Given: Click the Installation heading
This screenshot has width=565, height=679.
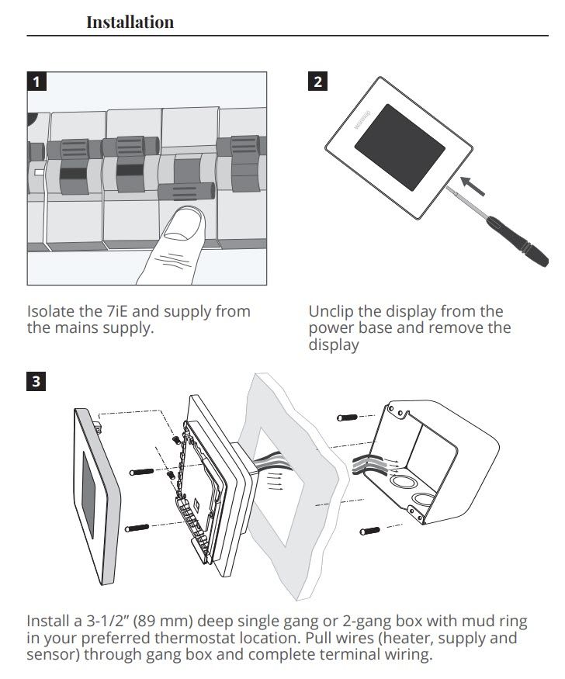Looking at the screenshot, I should [130, 22].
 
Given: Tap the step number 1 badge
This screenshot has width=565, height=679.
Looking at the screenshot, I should [35, 81].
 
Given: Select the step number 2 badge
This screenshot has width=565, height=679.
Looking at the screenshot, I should [317, 81].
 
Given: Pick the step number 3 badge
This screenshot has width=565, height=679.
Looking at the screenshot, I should [35, 381].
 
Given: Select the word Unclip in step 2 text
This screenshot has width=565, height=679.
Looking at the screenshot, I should [331, 311].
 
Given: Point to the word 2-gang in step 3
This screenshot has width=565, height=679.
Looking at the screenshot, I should [380, 622].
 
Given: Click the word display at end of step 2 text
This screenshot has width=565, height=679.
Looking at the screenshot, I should [334, 345].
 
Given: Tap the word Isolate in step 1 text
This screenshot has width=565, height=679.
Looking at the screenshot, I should [49, 311].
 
